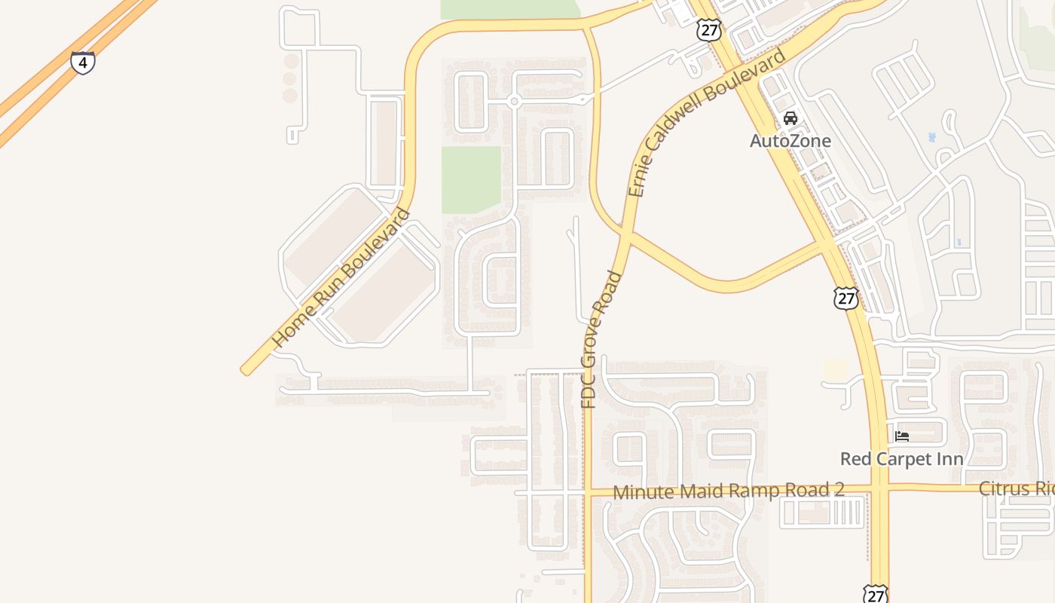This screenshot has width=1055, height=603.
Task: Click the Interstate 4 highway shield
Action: [x=83, y=63]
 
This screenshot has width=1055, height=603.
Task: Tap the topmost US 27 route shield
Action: [x=709, y=30]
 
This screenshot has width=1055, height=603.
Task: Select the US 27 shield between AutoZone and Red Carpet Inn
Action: [x=846, y=298]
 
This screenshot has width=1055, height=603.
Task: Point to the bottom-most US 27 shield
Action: [x=875, y=594]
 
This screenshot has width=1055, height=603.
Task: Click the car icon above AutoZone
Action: [x=790, y=118]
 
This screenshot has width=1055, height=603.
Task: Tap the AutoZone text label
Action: [x=790, y=141]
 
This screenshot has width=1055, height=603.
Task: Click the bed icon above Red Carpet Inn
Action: [x=902, y=436]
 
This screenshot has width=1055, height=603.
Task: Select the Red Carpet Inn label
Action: [x=902, y=459]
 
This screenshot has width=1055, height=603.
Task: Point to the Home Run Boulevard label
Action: [x=342, y=277]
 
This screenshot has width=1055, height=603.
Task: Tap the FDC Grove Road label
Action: [x=601, y=339]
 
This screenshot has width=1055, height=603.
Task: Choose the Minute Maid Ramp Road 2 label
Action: [x=728, y=491]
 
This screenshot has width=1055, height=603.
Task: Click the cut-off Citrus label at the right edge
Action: [x=1016, y=488]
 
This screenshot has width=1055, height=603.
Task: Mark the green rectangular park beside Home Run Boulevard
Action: [x=471, y=179]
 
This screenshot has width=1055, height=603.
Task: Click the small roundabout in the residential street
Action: [x=514, y=101]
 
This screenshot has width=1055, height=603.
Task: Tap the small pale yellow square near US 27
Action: [x=835, y=370]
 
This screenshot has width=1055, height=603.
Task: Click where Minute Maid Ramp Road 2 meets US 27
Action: [x=879, y=490]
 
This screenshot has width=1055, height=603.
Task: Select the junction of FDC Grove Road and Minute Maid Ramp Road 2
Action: [x=588, y=492]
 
